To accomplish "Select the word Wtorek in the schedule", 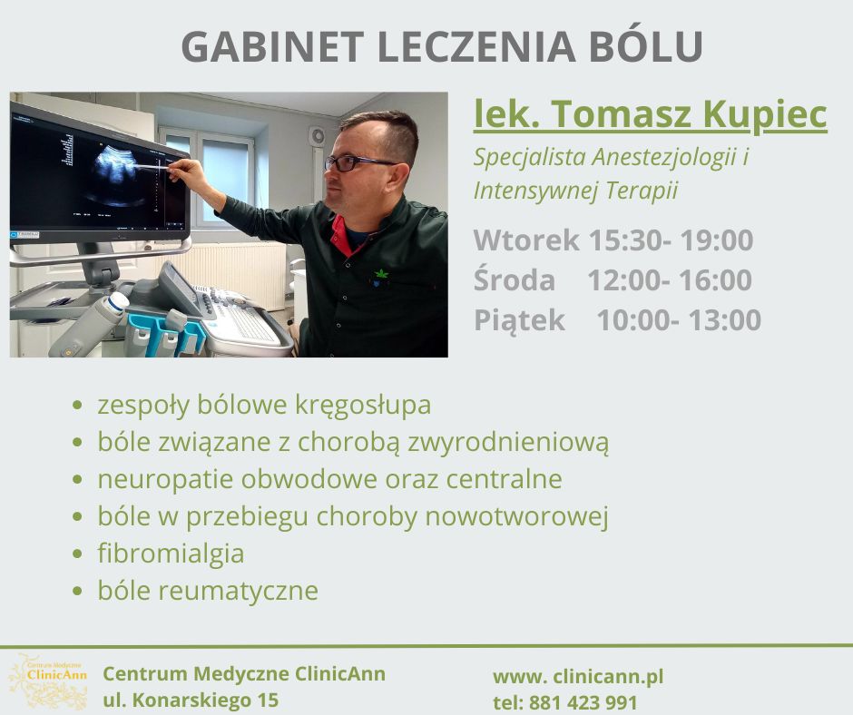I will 526,240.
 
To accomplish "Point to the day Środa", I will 515,280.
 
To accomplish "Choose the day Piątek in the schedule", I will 519,320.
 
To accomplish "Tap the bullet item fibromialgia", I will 171,553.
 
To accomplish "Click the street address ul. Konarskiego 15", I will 191,700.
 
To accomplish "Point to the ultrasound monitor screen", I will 100,172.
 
